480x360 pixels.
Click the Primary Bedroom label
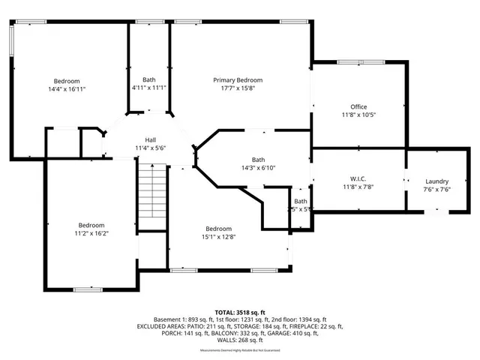(x=238, y=79)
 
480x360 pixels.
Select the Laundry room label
(x=436, y=181)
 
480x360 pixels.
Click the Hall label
(x=150, y=139)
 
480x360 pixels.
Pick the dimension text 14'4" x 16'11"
(x=66, y=88)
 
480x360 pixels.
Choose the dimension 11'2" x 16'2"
(x=91, y=233)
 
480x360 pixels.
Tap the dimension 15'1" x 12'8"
(x=218, y=236)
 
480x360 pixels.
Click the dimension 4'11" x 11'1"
(x=150, y=88)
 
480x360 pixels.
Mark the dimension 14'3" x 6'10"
(x=258, y=167)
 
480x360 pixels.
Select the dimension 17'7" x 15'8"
(x=238, y=88)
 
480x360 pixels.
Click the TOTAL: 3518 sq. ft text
(x=239, y=310)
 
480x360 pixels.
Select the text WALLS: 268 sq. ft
(x=239, y=340)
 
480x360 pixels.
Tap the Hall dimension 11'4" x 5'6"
(x=150, y=148)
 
